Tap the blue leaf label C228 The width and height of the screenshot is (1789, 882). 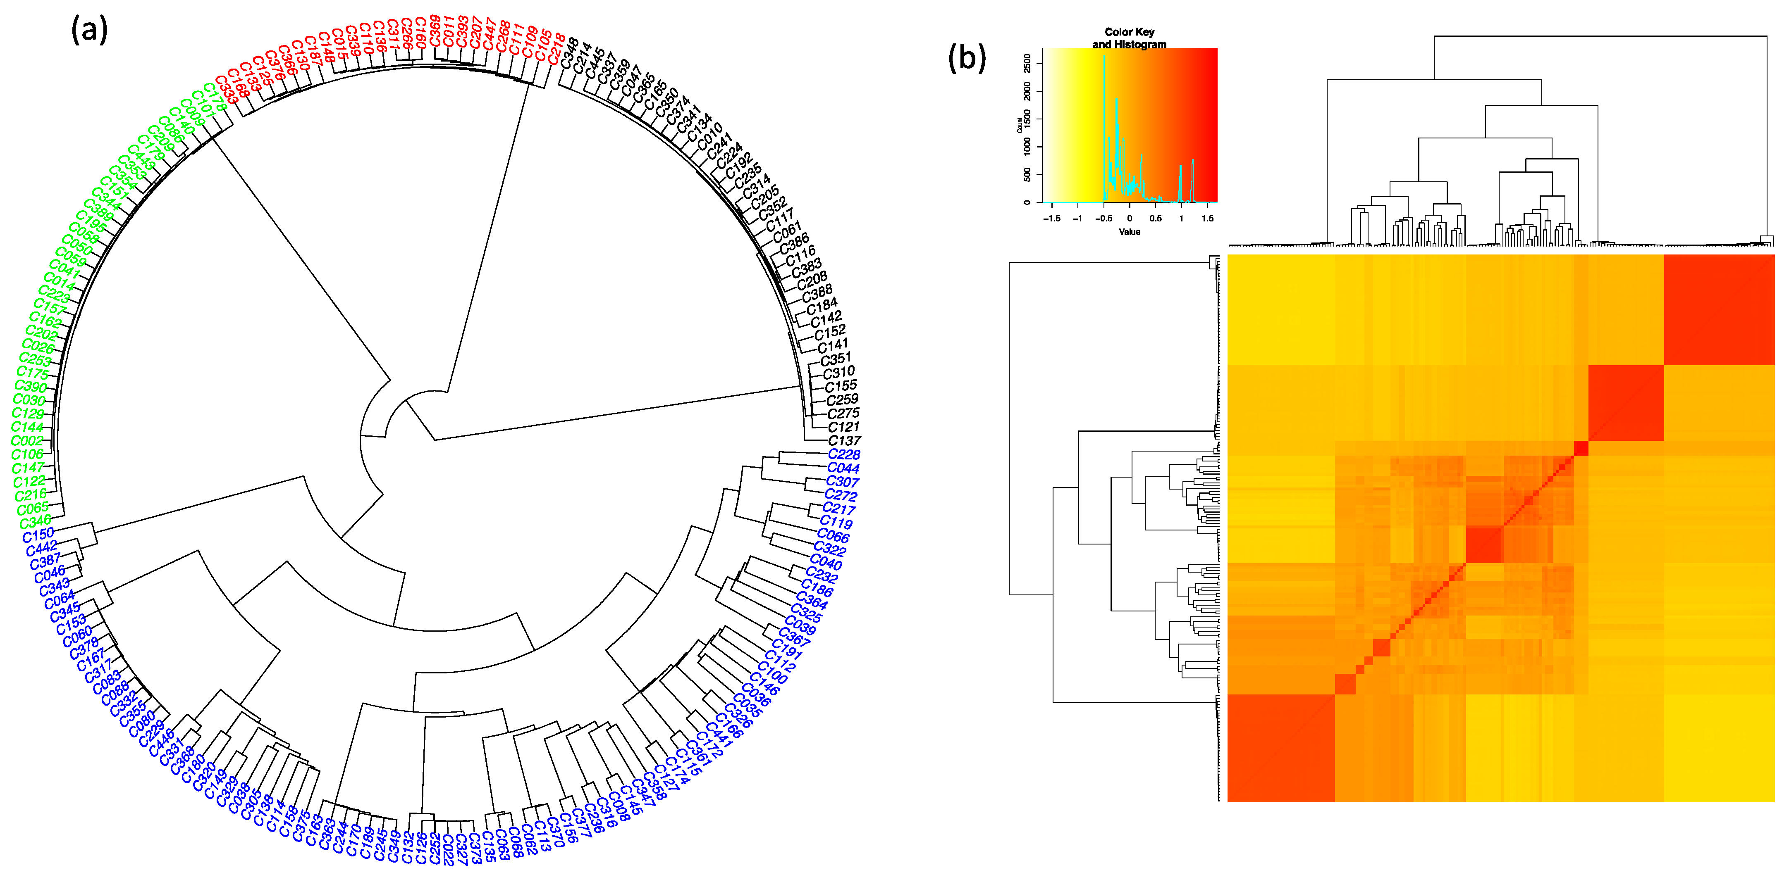[844, 454]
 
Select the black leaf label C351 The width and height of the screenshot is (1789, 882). [836, 359]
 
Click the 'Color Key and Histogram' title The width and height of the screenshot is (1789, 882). [1129, 38]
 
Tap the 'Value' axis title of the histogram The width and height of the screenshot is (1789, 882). [1129, 232]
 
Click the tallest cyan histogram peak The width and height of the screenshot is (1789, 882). [1104, 57]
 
